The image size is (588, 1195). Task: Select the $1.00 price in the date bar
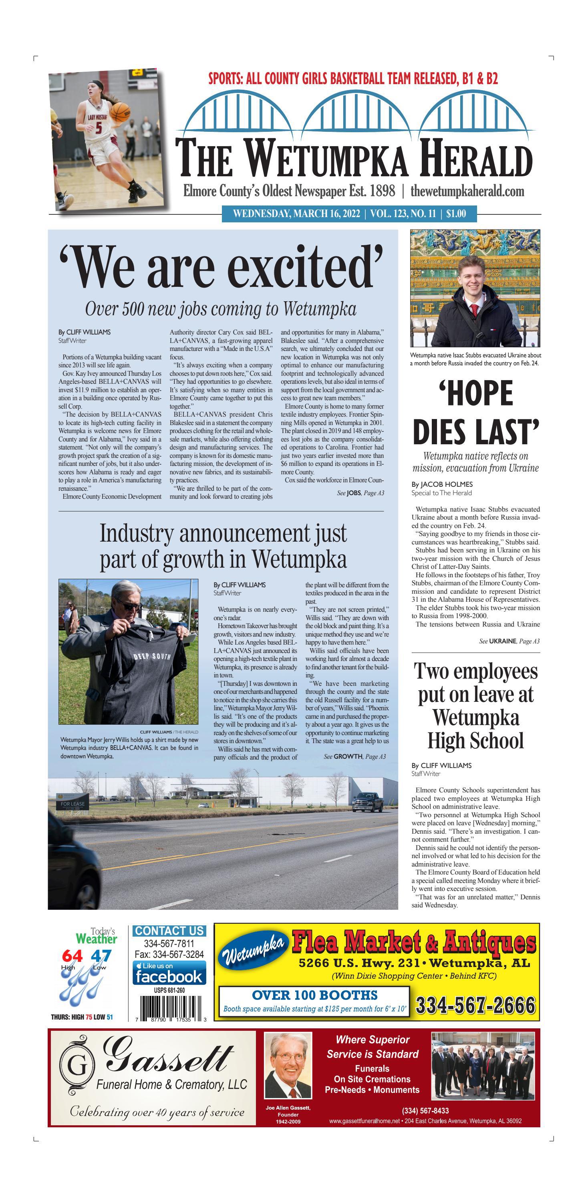pyautogui.click(x=456, y=214)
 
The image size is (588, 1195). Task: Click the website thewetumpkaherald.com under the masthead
pyautogui.click(x=467, y=191)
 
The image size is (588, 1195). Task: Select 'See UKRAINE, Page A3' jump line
pyautogui.click(x=509, y=641)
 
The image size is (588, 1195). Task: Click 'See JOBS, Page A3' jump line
pyautogui.click(x=360, y=493)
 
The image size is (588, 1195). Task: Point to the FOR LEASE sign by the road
pyautogui.click(x=72, y=804)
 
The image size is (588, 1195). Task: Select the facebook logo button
pyautogui.click(x=169, y=973)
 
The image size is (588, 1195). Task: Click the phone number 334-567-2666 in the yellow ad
pyautogui.click(x=475, y=1006)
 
